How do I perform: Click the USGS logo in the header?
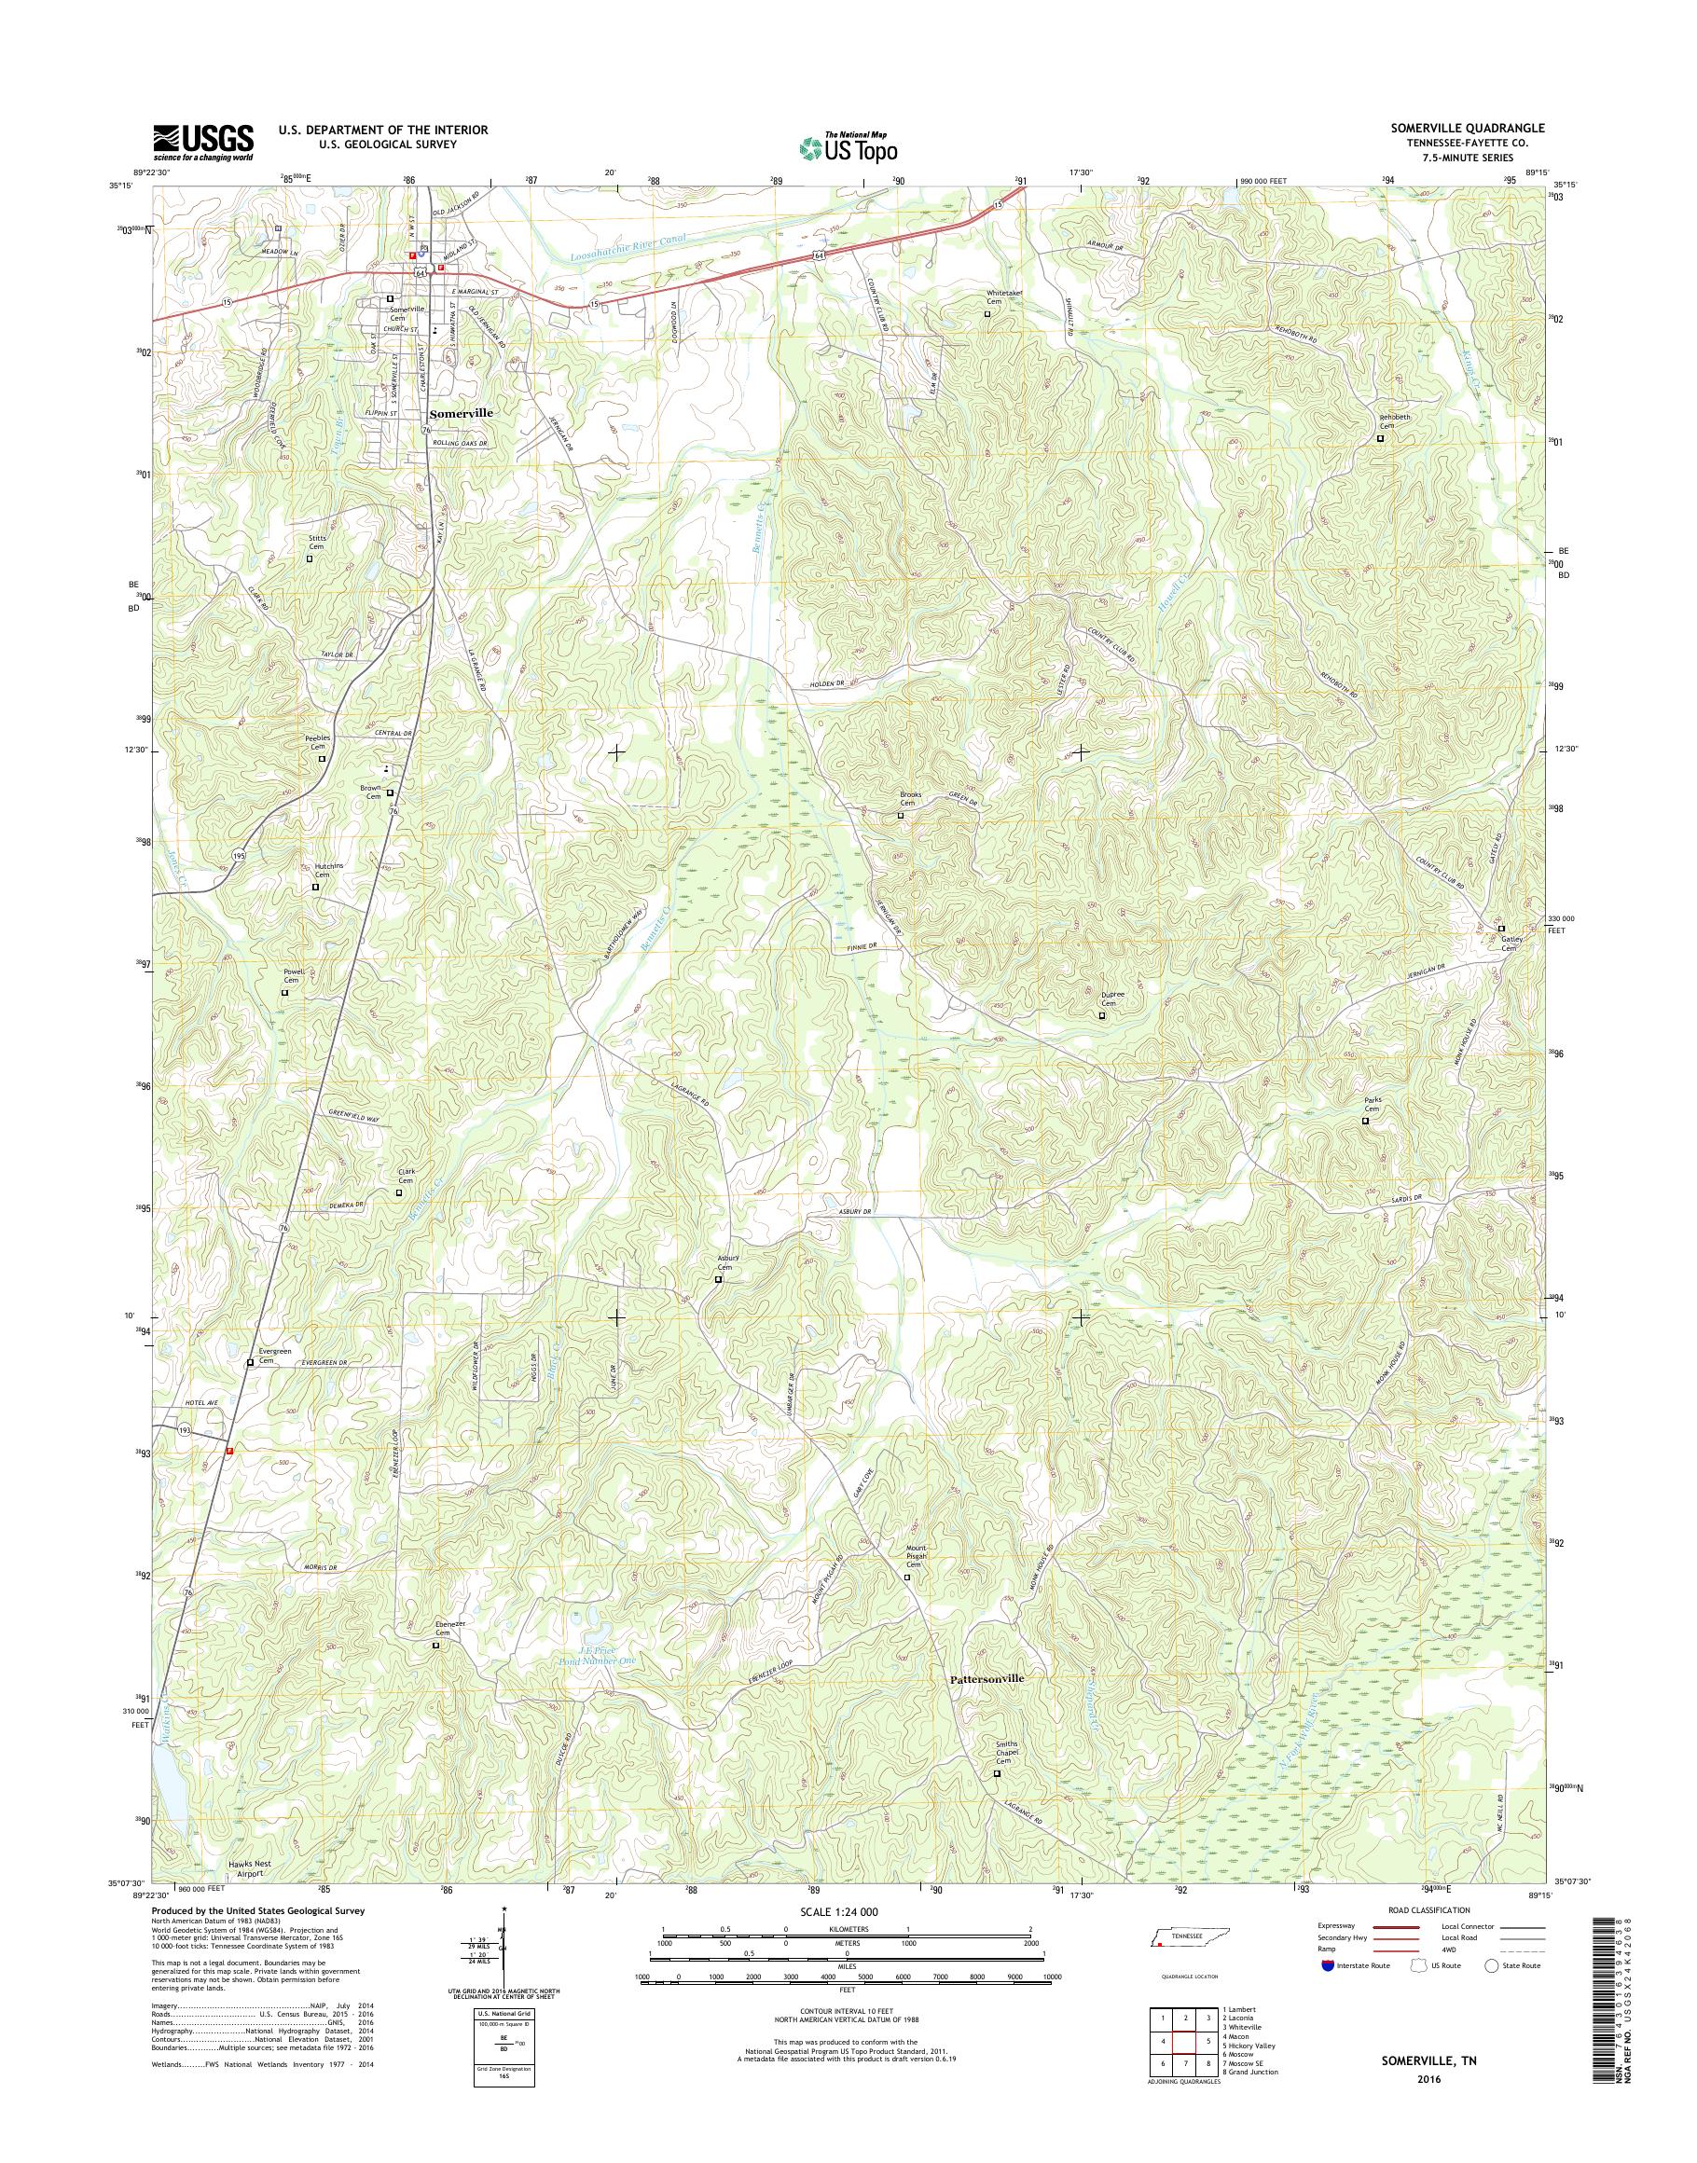[202, 142]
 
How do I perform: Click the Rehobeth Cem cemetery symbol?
[1380, 437]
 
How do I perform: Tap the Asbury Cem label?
[726, 1262]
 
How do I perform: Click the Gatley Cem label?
[1511, 943]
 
